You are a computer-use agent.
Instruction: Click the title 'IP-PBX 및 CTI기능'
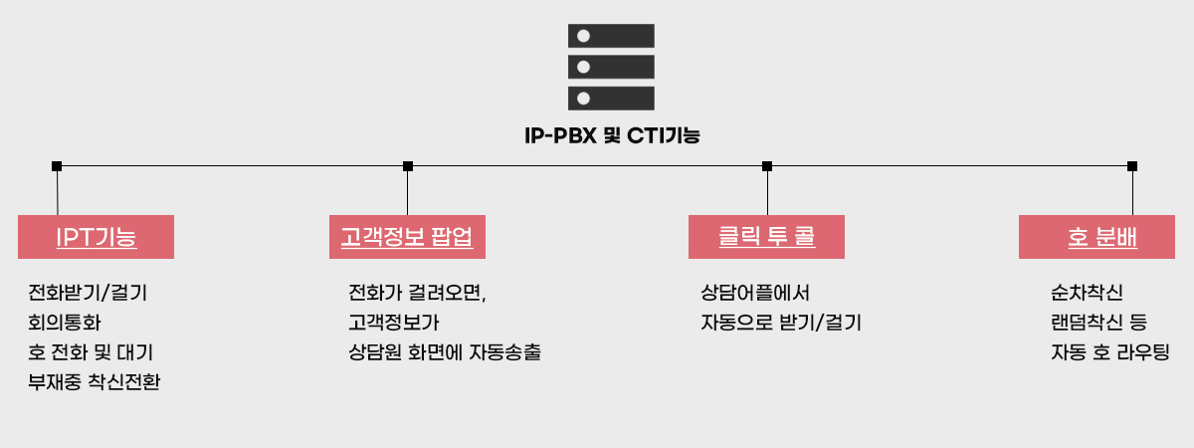(x=611, y=135)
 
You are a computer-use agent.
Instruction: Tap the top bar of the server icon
(x=611, y=36)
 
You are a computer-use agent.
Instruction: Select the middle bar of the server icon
(x=611, y=67)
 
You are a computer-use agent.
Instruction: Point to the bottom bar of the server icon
(x=611, y=98)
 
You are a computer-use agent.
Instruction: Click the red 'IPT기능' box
(x=96, y=237)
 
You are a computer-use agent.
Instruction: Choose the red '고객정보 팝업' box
(x=407, y=237)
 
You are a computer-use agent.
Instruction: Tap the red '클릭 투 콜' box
(x=766, y=237)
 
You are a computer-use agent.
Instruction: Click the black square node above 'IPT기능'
(x=57, y=166)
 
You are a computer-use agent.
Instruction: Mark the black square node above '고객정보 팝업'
(x=408, y=166)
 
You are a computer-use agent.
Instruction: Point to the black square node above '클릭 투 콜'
(x=767, y=166)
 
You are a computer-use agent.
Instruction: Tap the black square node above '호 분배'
(x=1132, y=166)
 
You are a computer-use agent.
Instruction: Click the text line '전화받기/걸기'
(x=88, y=294)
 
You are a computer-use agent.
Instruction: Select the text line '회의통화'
(x=65, y=324)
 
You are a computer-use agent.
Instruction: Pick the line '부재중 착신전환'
(x=95, y=382)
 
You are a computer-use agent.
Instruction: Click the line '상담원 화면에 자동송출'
(x=444, y=352)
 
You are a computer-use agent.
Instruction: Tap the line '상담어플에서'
(x=755, y=294)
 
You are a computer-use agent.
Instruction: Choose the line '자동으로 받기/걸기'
(x=780, y=324)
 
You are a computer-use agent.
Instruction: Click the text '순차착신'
(x=1087, y=294)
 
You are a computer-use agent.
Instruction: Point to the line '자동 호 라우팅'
(x=1109, y=352)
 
